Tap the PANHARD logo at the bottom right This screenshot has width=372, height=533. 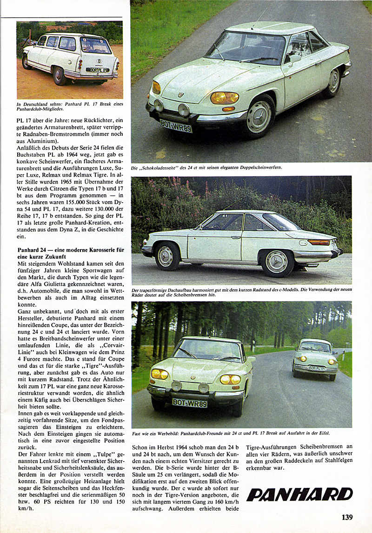[x=299, y=494]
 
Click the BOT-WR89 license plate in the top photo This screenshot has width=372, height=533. [x=176, y=125]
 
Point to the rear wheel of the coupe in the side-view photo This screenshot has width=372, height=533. [x=277, y=262]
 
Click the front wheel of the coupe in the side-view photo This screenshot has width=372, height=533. [x=165, y=256]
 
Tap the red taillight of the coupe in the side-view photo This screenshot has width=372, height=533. [x=319, y=242]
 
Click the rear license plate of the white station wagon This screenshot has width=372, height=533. [x=98, y=70]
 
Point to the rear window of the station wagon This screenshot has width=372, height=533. [x=96, y=46]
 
